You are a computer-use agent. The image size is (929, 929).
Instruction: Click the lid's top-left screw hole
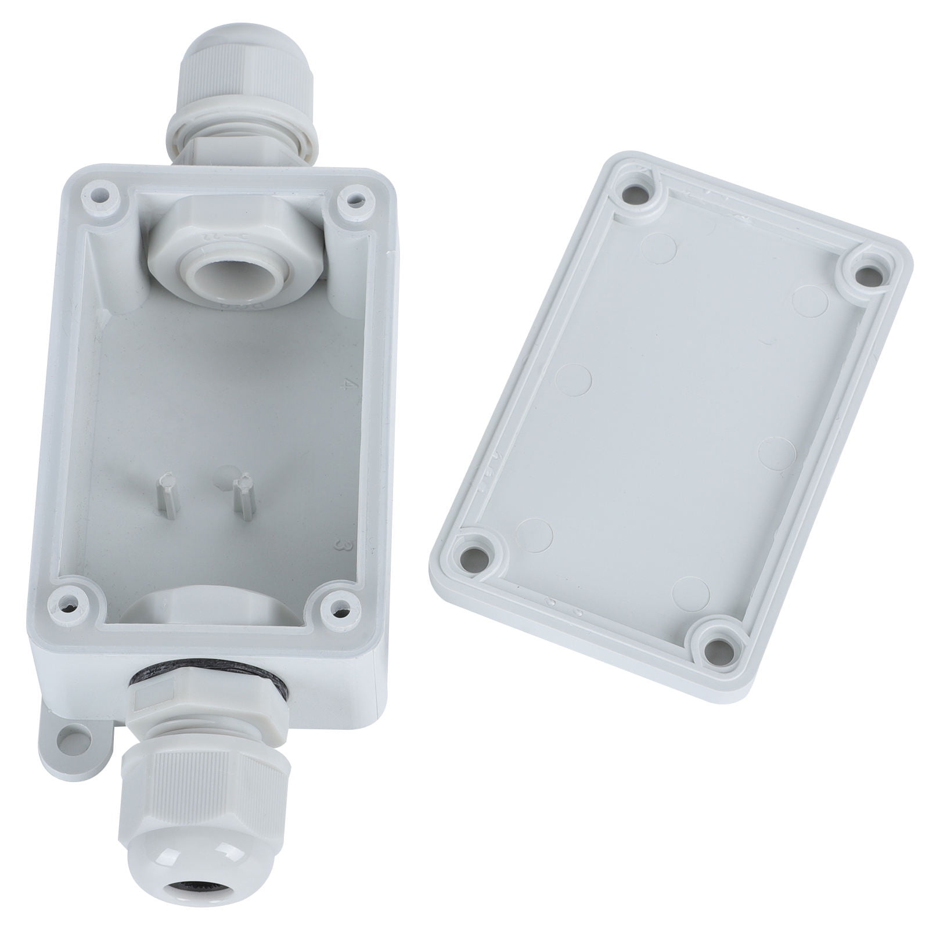[x=640, y=191]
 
